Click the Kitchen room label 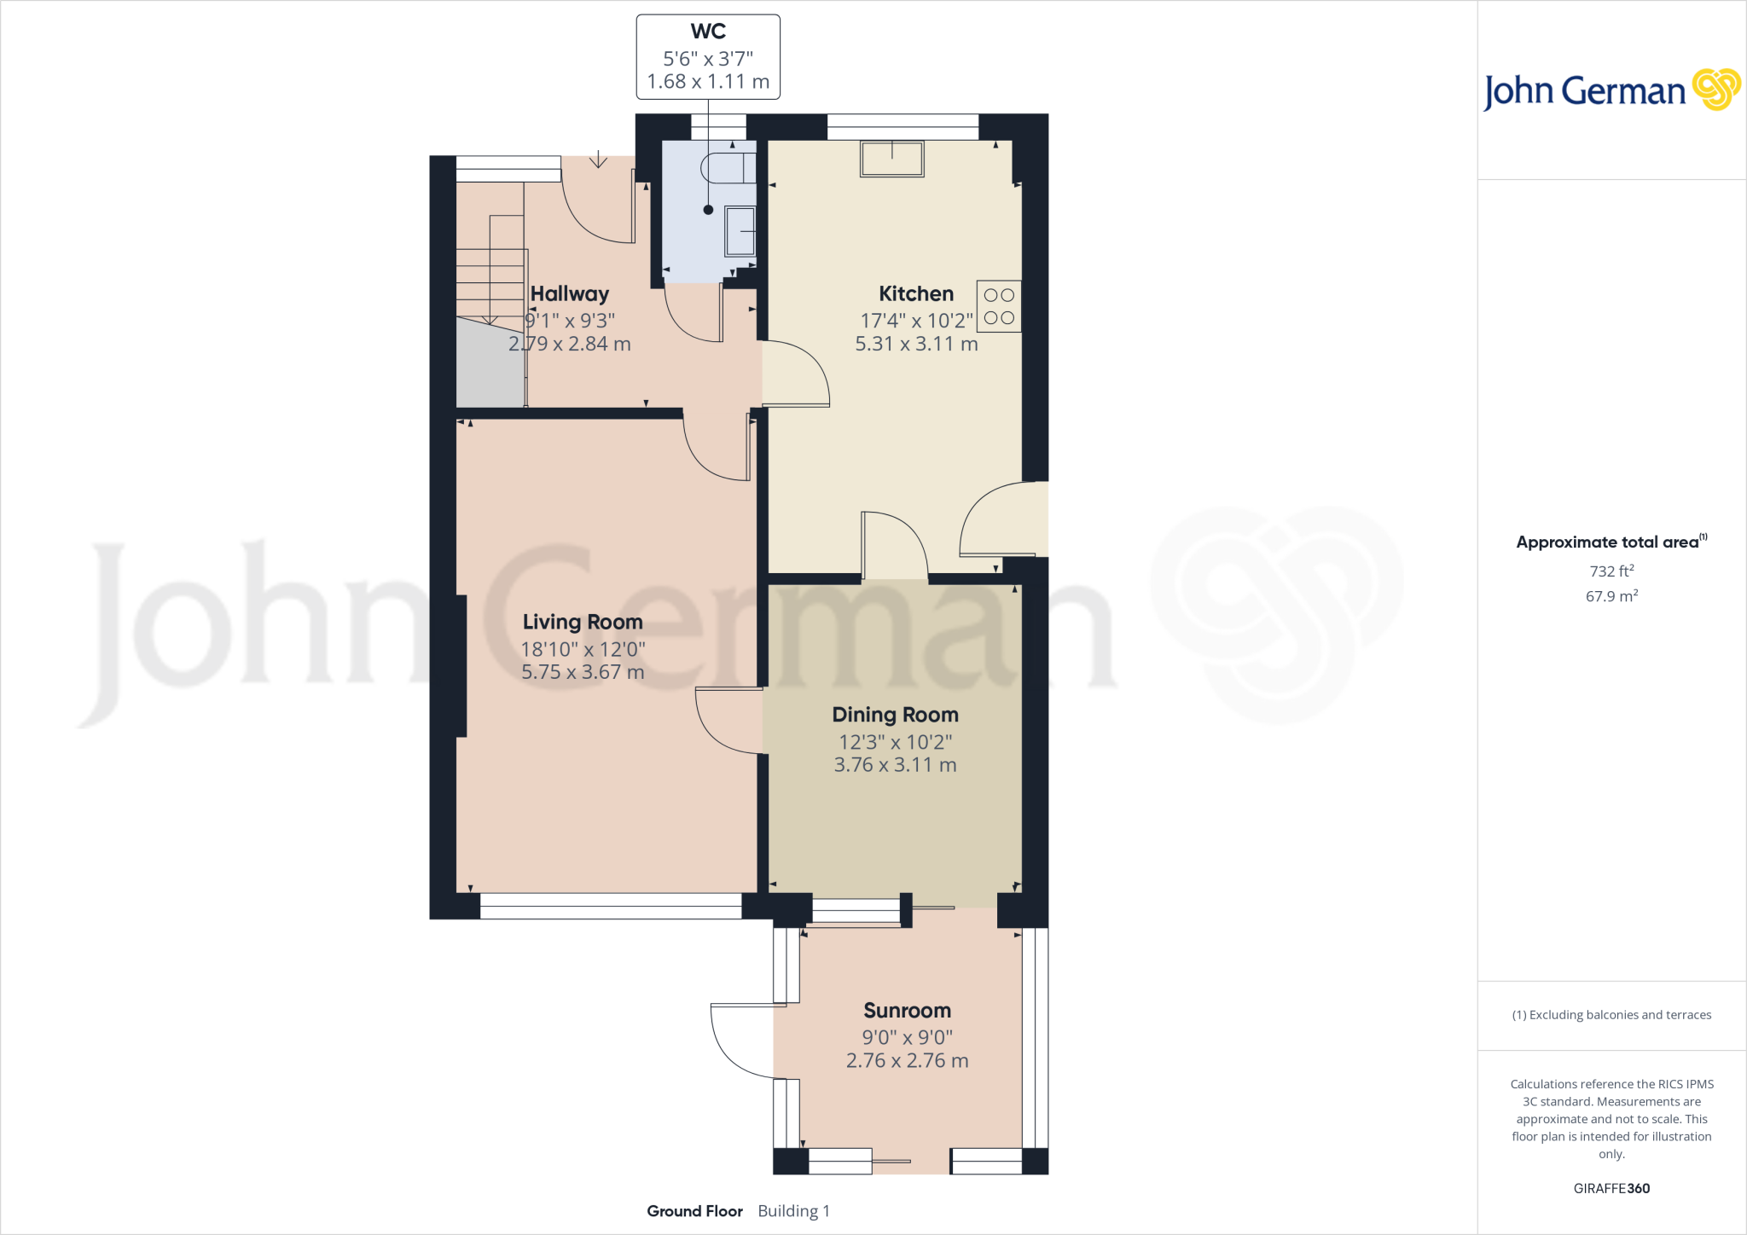tap(916, 293)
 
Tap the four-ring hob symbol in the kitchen tap(998, 306)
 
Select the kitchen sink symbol tap(891, 159)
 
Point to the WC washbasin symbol tap(740, 231)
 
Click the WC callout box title tap(708, 32)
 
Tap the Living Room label tap(583, 622)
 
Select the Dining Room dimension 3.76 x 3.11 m tap(895, 765)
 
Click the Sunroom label tap(907, 1011)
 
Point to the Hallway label tap(570, 293)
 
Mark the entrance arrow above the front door tap(598, 159)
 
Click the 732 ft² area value tap(1611, 571)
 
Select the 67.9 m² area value tap(1611, 596)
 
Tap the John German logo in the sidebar tap(1611, 90)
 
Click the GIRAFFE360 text tap(1611, 1188)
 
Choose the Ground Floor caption tap(694, 1211)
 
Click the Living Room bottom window tap(611, 906)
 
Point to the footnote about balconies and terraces tap(1611, 1015)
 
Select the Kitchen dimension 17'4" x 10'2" tap(916, 321)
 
